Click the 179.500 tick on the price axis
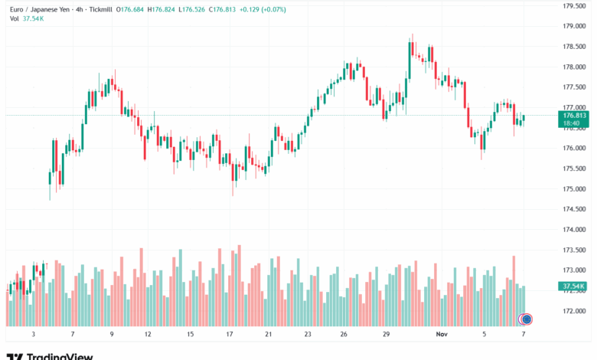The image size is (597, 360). pyautogui.click(x=574, y=5)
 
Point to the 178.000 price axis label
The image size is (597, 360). pyautogui.click(x=574, y=67)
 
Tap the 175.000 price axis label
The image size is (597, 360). pyautogui.click(x=574, y=189)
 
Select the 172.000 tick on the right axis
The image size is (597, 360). pyautogui.click(x=574, y=311)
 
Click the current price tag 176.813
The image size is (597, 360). pyautogui.click(x=574, y=115)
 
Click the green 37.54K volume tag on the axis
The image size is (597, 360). pyautogui.click(x=573, y=286)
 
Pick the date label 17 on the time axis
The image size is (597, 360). pyautogui.click(x=229, y=335)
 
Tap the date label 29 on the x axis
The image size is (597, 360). pyautogui.click(x=387, y=335)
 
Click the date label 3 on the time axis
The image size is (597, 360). pyautogui.click(x=33, y=335)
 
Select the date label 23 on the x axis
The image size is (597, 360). pyautogui.click(x=307, y=335)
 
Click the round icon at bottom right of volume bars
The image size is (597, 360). pyautogui.click(x=527, y=318)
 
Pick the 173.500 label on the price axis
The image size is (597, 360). pyautogui.click(x=574, y=250)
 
